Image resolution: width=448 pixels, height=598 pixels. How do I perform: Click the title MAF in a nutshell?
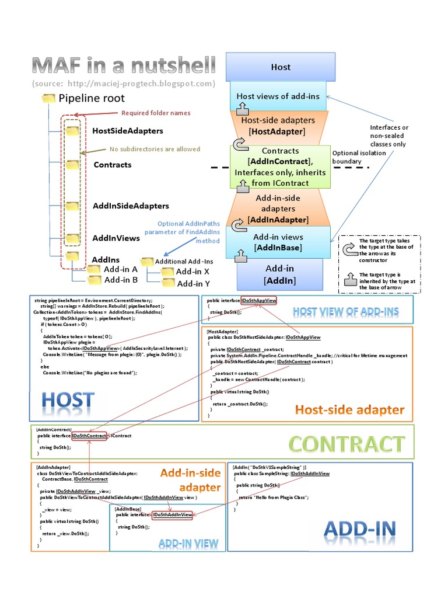point(124,65)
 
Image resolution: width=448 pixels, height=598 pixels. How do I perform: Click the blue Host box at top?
point(281,67)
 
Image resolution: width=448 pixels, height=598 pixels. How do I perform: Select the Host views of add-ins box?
point(278,96)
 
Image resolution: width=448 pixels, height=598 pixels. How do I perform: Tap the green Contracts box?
point(281,167)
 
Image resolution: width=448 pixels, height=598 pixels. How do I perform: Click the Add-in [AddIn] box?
point(280,274)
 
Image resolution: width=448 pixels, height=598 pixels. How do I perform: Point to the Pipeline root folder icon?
point(49,98)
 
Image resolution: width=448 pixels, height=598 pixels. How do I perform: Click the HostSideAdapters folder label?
point(128,131)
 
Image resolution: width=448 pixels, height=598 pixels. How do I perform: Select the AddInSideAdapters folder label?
point(131,206)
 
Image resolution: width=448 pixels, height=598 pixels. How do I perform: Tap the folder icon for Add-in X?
point(168,272)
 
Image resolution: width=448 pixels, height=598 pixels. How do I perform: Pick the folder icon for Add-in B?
point(93,280)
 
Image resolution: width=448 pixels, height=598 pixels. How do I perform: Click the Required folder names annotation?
point(155,113)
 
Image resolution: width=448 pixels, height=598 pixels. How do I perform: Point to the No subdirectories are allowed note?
point(155,149)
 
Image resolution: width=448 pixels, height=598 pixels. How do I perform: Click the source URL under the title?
point(124,84)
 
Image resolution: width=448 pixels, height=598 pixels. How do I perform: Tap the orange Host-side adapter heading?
point(349,409)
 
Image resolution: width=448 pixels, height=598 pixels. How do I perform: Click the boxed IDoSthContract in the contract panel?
point(89,436)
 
